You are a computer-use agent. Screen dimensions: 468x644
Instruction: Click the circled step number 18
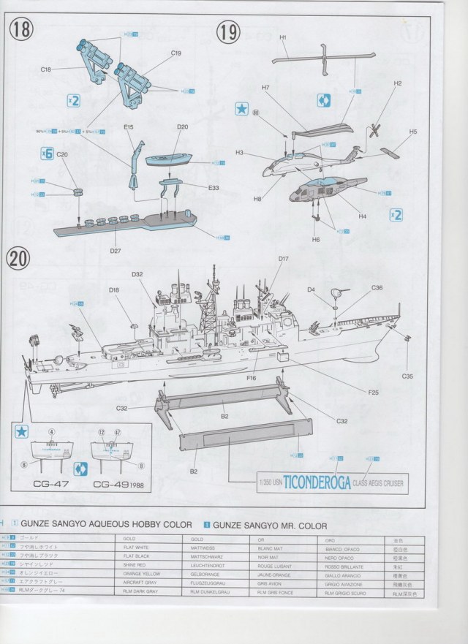tap(22, 30)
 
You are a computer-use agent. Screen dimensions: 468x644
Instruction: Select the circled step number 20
tap(19, 259)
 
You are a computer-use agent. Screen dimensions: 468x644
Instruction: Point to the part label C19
tap(175, 53)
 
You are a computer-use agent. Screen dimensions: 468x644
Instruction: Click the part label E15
tap(128, 127)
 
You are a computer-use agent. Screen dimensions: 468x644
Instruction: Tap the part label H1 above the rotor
tap(283, 37)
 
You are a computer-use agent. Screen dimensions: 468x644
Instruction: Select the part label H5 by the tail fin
tap(413, 132)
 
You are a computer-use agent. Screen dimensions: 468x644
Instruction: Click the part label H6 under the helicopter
tap(316, 239)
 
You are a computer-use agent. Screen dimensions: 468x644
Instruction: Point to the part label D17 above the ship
tap(284, 260)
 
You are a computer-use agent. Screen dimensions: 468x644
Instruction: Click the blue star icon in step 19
tap(240, 107)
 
